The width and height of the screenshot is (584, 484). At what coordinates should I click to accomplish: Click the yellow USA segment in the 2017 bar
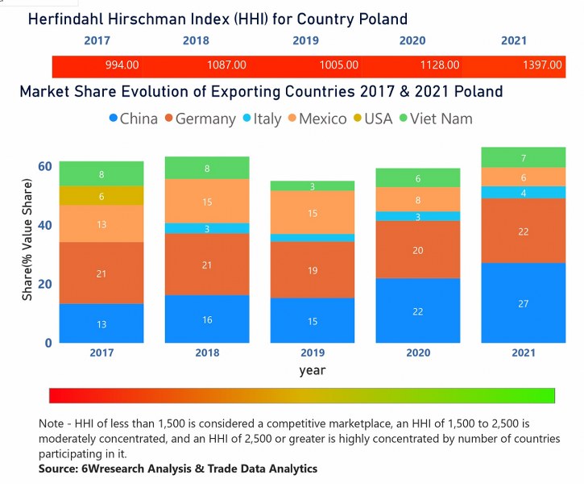[101, 196]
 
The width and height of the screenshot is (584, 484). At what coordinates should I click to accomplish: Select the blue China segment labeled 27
[524, 303]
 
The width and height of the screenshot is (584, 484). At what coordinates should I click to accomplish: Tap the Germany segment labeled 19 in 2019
[312, 270]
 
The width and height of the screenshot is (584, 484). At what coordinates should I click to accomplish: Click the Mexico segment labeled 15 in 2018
[207, 202]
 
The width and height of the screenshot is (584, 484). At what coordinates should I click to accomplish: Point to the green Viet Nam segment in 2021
[524, 158]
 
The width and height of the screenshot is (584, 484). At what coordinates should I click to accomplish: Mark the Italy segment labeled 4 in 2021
[524, 193]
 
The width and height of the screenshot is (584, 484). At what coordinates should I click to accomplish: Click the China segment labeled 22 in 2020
[417, 311]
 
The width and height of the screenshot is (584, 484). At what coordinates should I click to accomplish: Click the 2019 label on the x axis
[312, 353]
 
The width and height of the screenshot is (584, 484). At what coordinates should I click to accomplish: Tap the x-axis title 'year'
[312, 371]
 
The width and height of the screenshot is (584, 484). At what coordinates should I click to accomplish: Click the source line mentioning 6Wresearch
[178, 469]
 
